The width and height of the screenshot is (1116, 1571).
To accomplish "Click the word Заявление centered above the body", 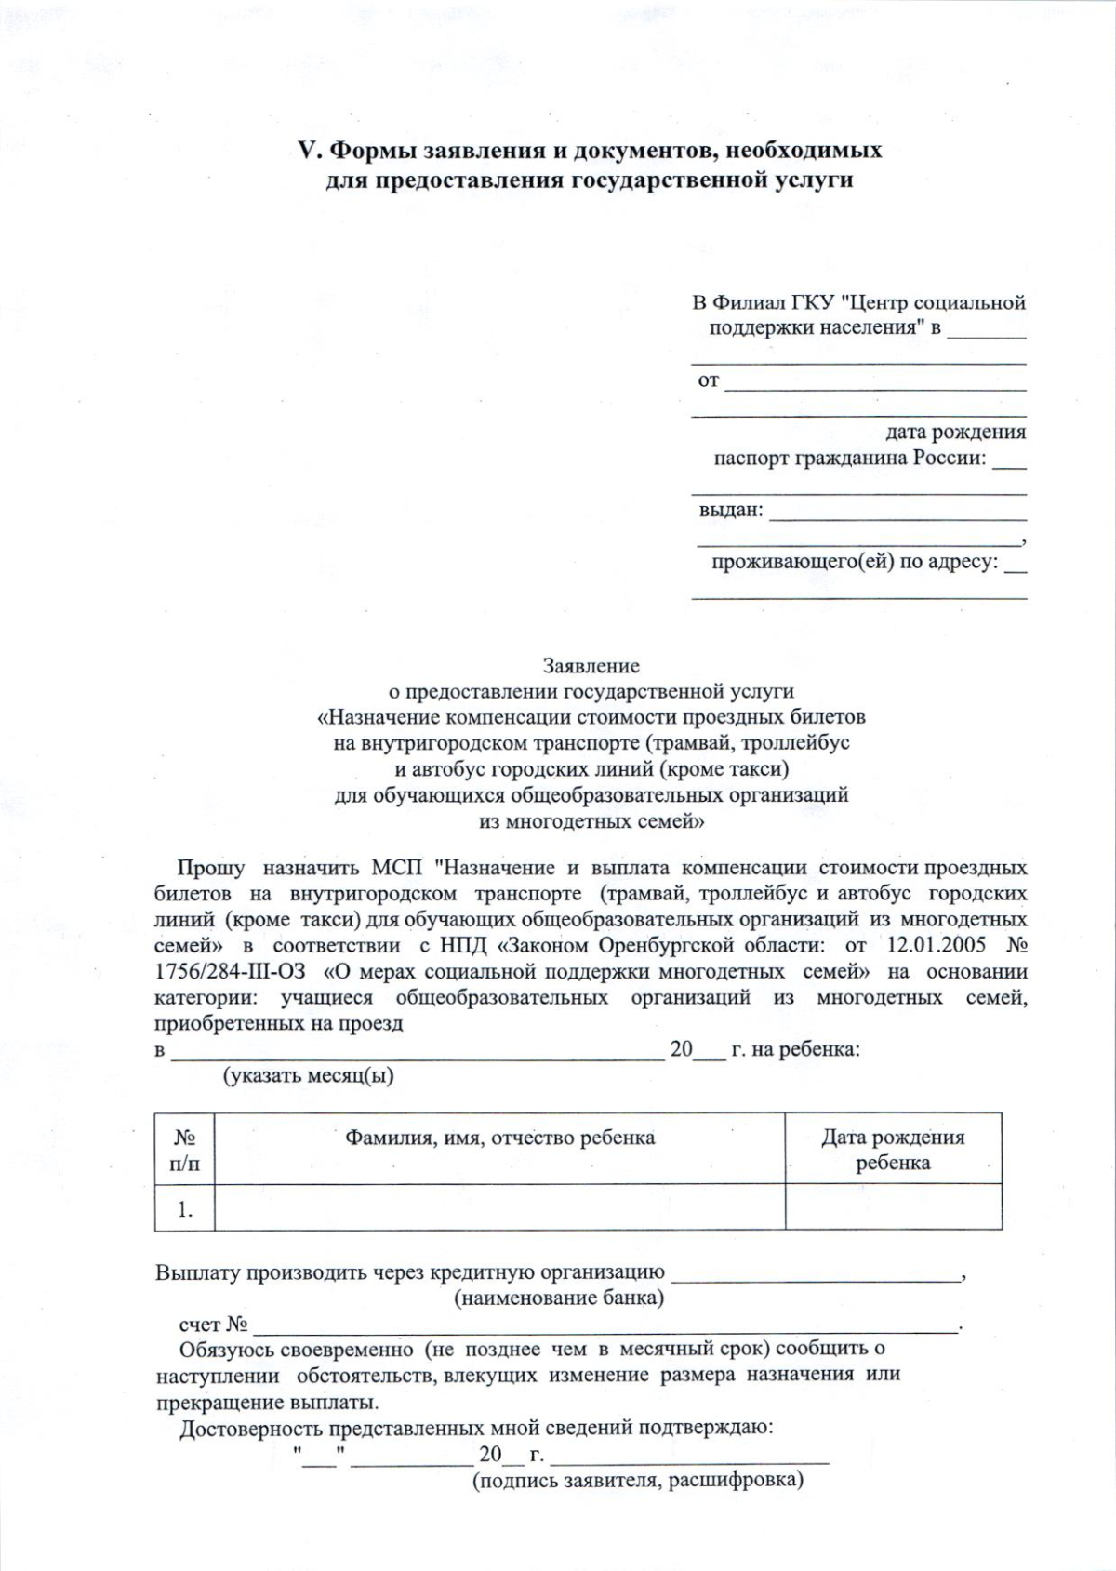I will pyautogui.click(x=591, y=666).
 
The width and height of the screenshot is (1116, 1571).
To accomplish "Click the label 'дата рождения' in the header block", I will pyautogui.click(x=955, y=432).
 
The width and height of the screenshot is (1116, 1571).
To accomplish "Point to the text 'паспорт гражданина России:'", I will pyautogui.click(x=850, y=459).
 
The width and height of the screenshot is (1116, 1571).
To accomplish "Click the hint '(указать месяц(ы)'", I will pyautogui.click(x=308, y=1076).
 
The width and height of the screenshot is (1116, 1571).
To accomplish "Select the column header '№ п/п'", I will pyautogui.click(x=184, y=1150).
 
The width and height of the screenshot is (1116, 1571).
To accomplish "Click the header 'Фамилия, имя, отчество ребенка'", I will pyautogui.click(x=499, y=1138).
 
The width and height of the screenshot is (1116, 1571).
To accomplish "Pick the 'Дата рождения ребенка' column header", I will pyautogui.click(x=893, y=1150).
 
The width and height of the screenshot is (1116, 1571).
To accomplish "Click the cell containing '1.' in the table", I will pyautogui.click(x=184, y=1209).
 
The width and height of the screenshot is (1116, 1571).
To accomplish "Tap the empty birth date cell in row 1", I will pyautogui.click(x=893, y=1209).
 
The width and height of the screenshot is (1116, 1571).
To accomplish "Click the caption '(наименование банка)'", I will pyautogui.click(x=558, y=1298).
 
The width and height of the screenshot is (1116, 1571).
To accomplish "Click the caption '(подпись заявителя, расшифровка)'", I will pyautogui.click(x=638, y=1480).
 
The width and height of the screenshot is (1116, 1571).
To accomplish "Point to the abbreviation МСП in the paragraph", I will pyautogui.click(x=397, y=868).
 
